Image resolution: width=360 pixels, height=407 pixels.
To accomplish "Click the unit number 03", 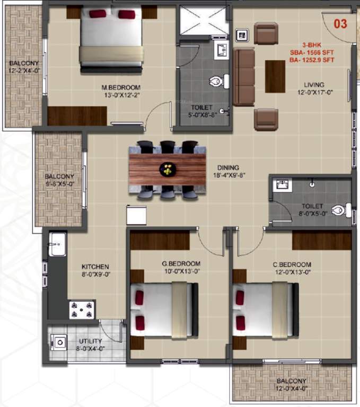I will pos(340,23).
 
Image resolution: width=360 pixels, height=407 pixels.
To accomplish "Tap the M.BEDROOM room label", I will pos(121,87).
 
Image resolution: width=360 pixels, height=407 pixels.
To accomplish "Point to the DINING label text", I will pos(227,167).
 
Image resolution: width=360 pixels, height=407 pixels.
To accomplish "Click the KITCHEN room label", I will pos(95,267).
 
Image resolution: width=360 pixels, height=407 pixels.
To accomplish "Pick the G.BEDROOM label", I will pos(181,264).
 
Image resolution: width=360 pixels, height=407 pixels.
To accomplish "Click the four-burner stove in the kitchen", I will pos(82,309).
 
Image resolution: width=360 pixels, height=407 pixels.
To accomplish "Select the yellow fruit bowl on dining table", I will pos(167,170).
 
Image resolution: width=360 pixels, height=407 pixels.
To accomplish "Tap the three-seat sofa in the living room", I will pos(244,76).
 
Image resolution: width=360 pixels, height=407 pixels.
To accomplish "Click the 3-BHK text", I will pos(311,45).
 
